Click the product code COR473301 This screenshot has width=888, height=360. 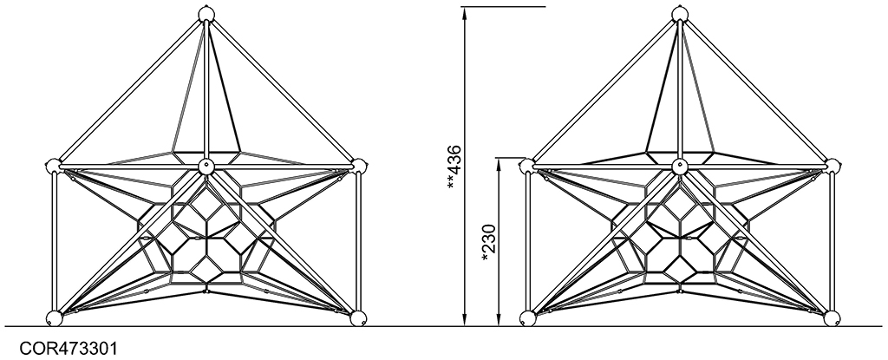point(69,348)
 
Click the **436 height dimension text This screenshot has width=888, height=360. point(454,167)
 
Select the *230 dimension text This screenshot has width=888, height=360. point(488,243)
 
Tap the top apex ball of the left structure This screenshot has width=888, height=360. point(206,14)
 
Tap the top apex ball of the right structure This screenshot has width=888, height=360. point(680,14)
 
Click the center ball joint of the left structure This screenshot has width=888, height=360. point(206,167)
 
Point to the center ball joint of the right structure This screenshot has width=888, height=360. point(680,167)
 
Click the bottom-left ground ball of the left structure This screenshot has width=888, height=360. point(55,318)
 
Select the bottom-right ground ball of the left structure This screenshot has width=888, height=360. point(358,318)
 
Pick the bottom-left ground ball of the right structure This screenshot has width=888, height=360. point(528,318)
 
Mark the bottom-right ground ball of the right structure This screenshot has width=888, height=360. point(832,318)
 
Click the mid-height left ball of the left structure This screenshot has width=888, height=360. point(53,166)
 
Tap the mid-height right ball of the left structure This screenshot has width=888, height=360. point(360,166)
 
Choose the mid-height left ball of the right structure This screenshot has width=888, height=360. point(526,166)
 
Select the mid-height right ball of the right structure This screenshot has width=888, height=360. point(833,166)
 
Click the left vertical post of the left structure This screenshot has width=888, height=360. point(55,242)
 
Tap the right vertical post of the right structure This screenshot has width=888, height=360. point(832,242)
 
